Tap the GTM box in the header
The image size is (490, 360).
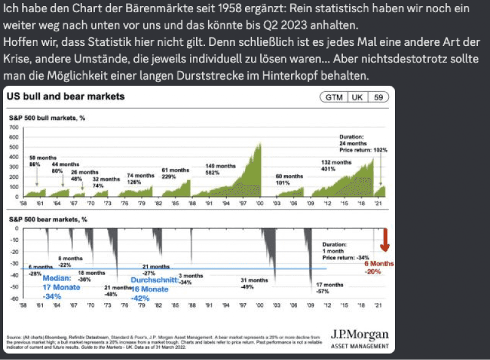(334, 97)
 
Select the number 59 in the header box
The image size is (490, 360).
(379, 97)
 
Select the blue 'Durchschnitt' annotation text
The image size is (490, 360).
(155, 279)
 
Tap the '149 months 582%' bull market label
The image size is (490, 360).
(220, 169)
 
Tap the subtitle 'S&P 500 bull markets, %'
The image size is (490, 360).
(47, 118)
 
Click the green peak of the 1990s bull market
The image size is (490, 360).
(260, 144)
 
